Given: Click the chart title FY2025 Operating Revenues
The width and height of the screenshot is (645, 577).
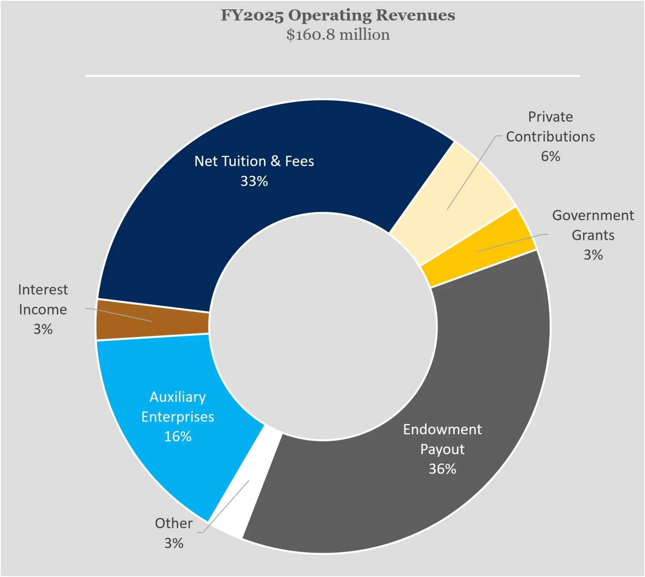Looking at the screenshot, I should [338, 15].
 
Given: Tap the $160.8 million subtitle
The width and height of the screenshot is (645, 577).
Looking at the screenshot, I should [338, 35].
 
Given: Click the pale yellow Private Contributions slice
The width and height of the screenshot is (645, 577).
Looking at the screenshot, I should [464, 189].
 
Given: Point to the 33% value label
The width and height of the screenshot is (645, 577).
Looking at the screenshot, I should [254, 181].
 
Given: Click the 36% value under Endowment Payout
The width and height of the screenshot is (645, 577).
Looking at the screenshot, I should [442, 469].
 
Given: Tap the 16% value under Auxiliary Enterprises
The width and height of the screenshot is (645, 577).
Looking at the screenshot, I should [178, 436].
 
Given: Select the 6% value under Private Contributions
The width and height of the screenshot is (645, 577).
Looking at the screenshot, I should [550, 156].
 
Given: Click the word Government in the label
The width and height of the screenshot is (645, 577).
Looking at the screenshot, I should [593, 215].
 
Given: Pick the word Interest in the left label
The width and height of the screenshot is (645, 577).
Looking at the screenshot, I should [43, 290].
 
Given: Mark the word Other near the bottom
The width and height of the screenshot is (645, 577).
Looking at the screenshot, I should [174, 523].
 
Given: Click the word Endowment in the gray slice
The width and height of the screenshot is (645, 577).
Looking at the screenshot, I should [442, 430].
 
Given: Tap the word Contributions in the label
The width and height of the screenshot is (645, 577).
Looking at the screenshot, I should [550, 137].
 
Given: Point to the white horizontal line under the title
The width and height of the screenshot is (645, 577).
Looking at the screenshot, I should [332, 76].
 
